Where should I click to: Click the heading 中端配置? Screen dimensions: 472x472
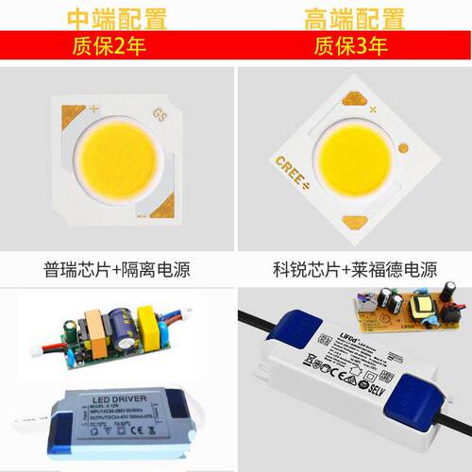(x=117, y=18)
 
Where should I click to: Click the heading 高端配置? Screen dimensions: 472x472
(x=353, y=18)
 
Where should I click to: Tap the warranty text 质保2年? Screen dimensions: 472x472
(x=117, y=45)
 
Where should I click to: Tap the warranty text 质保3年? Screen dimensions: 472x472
(x=353, y=45)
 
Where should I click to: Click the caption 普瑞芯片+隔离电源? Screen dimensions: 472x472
(x=117, y=270)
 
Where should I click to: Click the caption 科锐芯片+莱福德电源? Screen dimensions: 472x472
(x=353, y=270)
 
